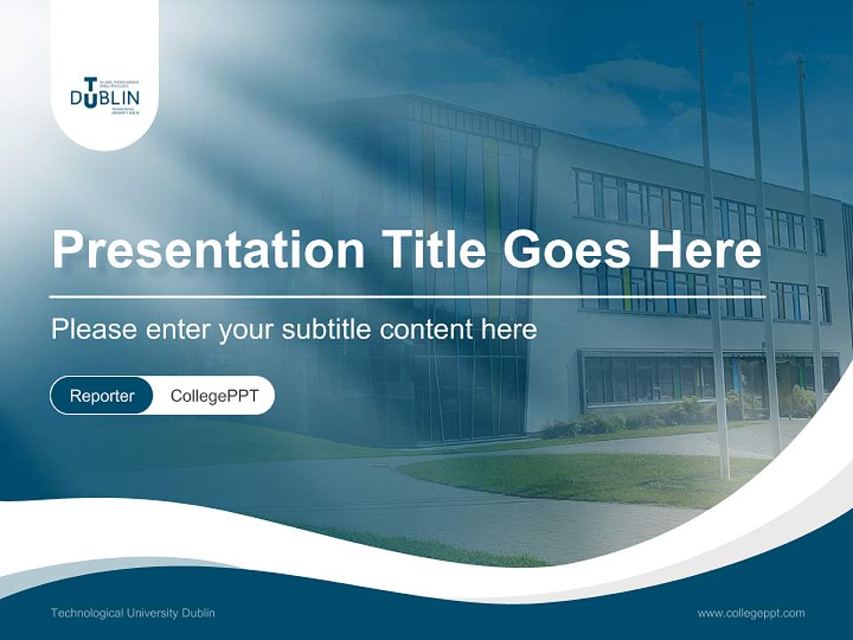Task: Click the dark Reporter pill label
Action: click(102, 396)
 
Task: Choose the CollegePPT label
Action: click(214, 396)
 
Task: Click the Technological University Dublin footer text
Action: click(132, 612)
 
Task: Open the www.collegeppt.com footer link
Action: click(751, 612)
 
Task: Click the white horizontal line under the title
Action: click(355, 296)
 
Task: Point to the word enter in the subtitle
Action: click(176, 330)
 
